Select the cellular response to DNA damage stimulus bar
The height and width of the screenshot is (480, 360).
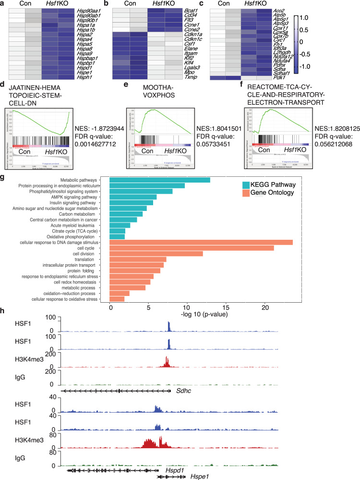pos(201,242)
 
